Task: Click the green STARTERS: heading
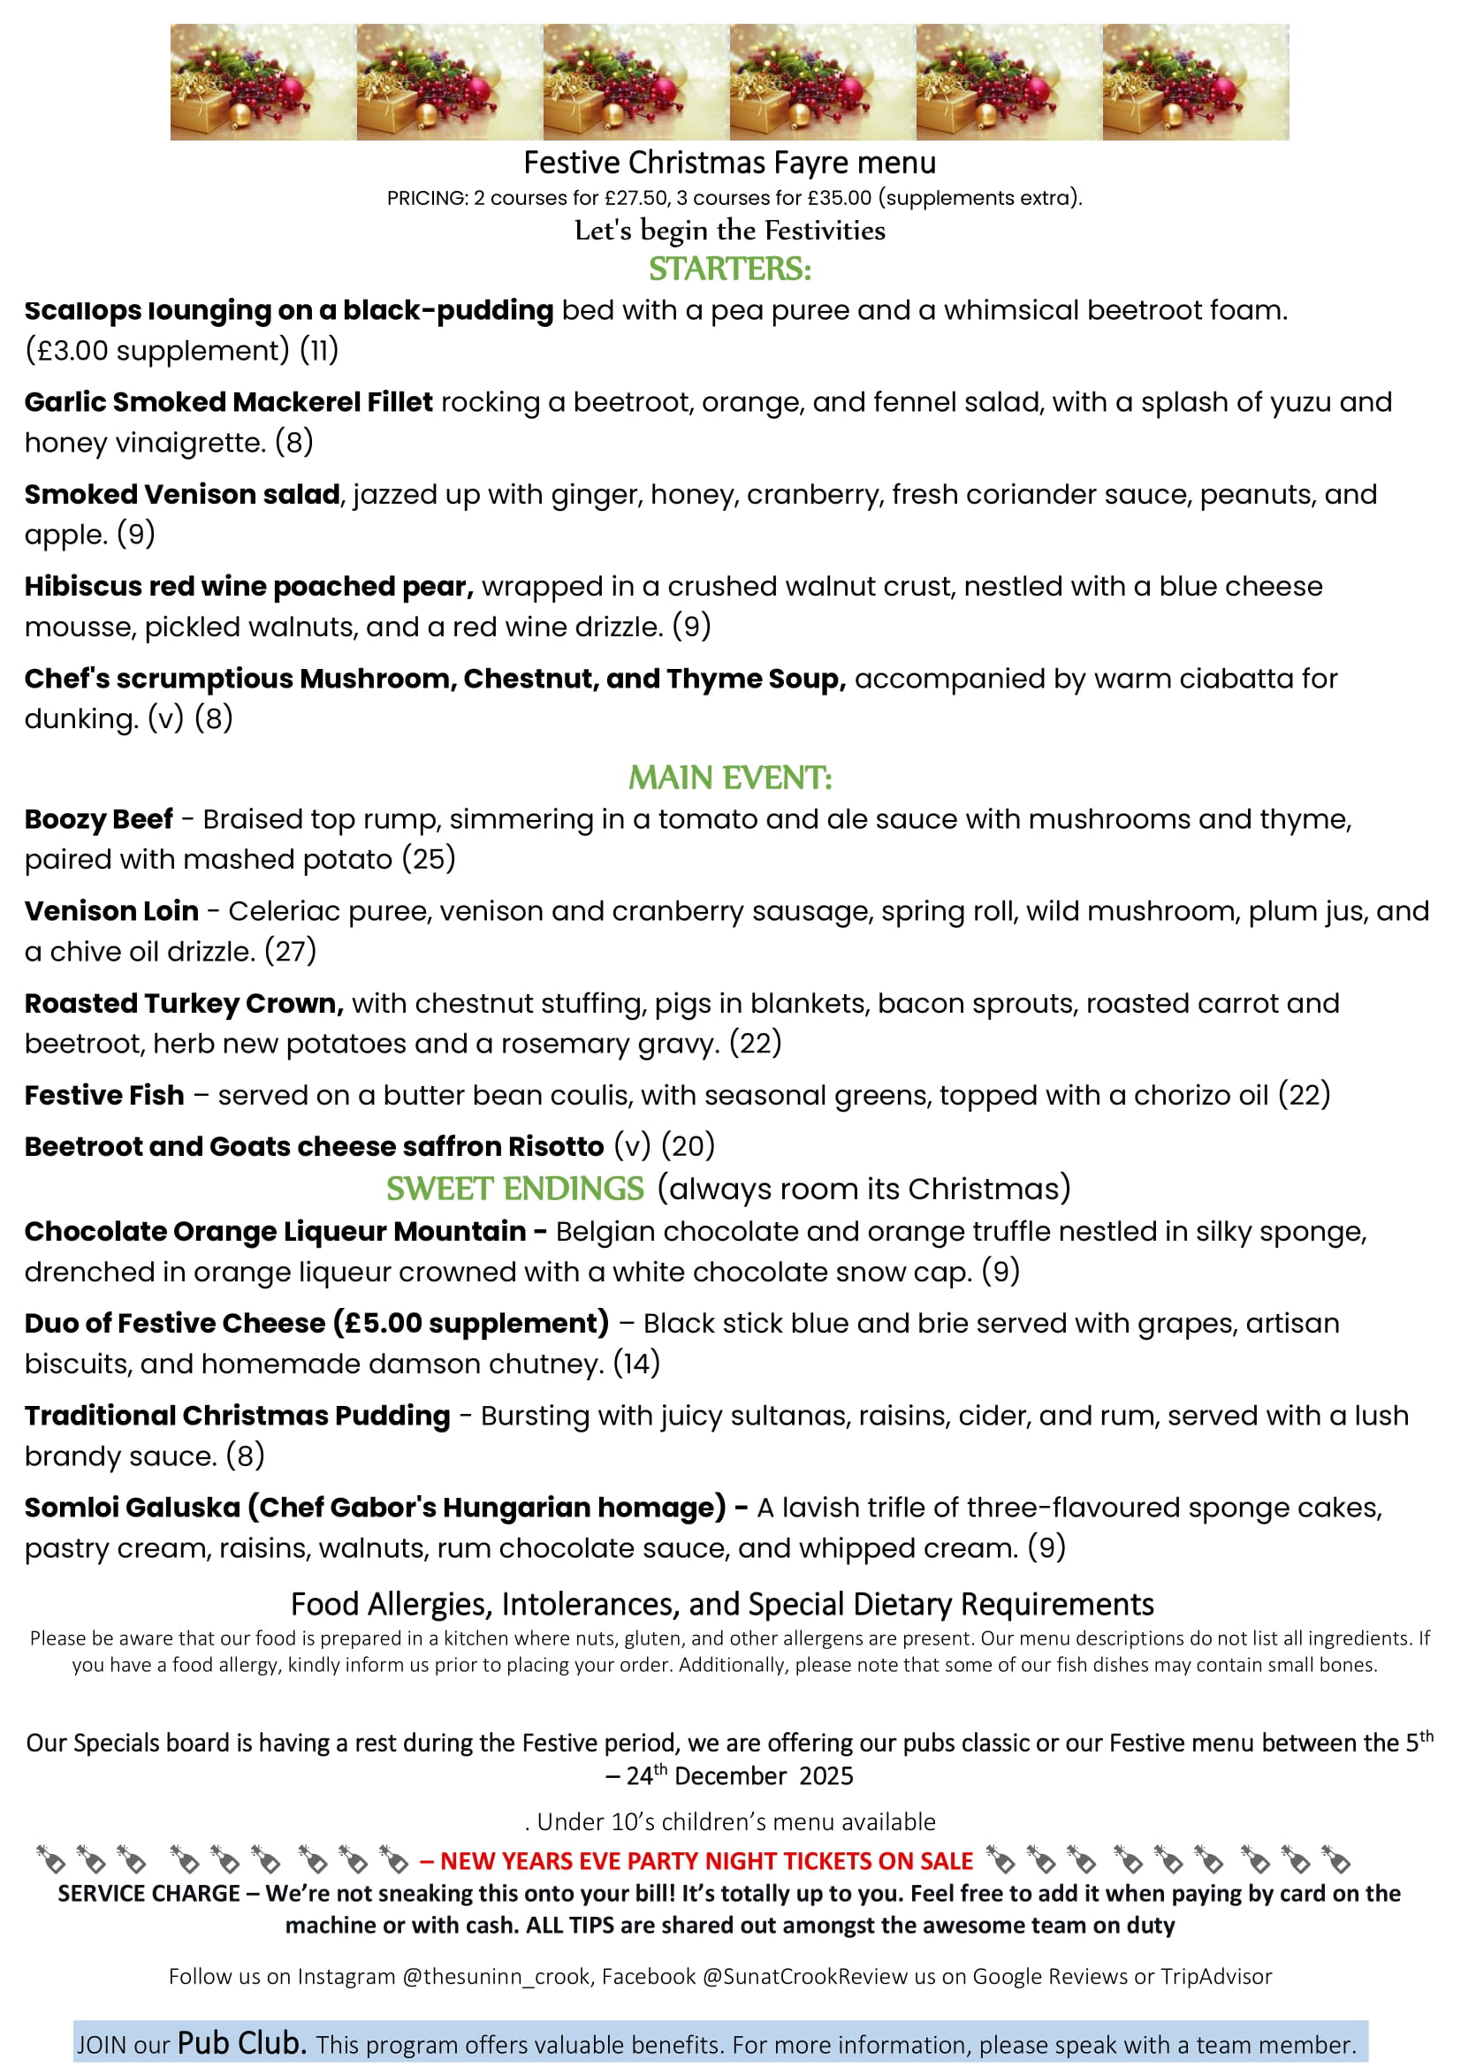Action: pos(730,270)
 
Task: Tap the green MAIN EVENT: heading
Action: pos(730,778)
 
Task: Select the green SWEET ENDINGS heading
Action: pos(515,1189)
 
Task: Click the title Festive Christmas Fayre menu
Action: pos(730,163)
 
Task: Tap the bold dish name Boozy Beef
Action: pos(98,819)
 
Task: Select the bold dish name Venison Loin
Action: pos(111,911)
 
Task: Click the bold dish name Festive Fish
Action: pos(104,1095)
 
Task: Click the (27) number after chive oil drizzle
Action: pos(290,952)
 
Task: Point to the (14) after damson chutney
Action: pos(636,1364)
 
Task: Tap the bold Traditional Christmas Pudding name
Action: pos(237,1415)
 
